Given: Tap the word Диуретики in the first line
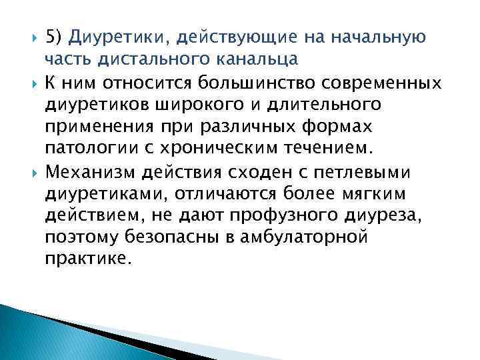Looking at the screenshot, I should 113,35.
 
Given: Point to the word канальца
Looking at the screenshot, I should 257,58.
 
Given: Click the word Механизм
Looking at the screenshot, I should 90,173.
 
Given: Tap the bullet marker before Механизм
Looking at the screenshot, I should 32,173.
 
